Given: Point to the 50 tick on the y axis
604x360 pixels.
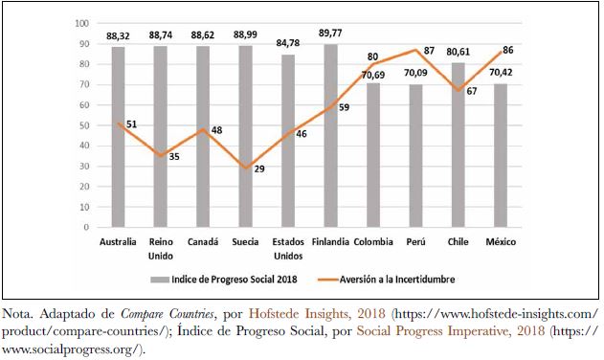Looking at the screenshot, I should click(84, 125).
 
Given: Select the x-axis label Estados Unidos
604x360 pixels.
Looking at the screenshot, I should click(287, 248).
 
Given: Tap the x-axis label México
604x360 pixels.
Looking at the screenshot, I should click(499, 241).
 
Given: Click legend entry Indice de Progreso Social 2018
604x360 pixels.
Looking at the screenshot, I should click(223, 280).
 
